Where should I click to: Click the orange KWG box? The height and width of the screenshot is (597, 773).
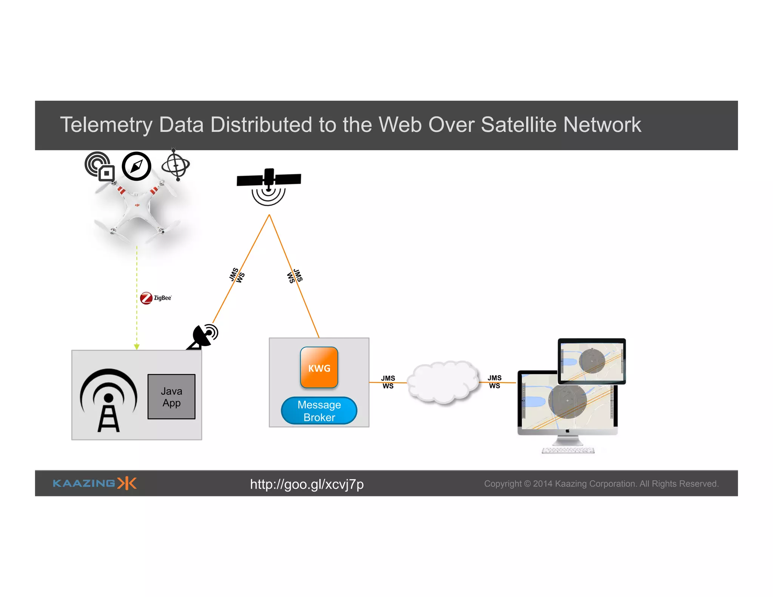click(319, 368)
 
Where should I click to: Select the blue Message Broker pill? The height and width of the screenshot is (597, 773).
click(319, 411)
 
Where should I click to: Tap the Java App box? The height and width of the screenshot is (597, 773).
click(171, 397)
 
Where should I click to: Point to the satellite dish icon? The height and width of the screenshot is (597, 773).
click(204, 336)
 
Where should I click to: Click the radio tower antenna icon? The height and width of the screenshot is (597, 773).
click(108, 400)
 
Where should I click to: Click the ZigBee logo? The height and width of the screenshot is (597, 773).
click(156, 298)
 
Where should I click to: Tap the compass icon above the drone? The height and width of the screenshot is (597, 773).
click(136, 166)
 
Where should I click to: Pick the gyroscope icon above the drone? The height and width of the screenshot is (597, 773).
click(176, 165)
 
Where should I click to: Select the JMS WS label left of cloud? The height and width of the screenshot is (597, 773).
click(388, 382)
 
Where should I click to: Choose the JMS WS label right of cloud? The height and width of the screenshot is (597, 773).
click(494, 382)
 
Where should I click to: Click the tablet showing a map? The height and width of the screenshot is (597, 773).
click(591, 361)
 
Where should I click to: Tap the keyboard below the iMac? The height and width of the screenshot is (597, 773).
click(568, 451)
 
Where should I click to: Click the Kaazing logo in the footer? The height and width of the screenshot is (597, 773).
click(94, 483)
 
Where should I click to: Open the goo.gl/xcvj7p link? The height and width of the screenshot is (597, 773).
click(306, 484)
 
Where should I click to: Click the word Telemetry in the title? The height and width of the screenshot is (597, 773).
click(106, 125)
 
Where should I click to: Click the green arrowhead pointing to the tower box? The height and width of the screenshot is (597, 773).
click(137, 347)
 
